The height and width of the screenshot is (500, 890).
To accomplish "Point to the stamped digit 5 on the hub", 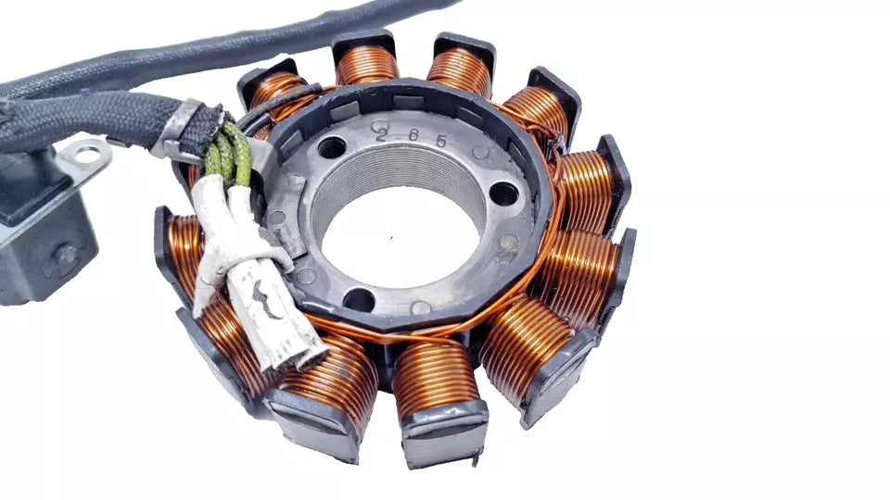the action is click(x=441, y=141).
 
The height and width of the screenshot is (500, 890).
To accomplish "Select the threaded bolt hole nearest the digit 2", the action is click(x=332, y=147).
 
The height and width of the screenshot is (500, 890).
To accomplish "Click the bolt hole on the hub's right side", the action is click(x=503, y=194).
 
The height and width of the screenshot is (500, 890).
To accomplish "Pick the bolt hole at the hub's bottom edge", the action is click(x=360, y=299).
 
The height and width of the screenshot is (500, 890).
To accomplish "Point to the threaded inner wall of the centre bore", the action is click(x=398, y=166).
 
